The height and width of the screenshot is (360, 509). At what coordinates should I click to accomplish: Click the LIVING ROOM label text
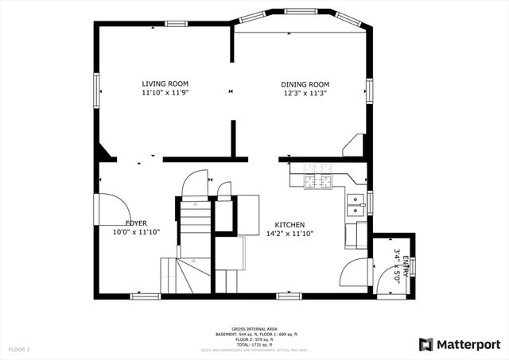pos(165,83)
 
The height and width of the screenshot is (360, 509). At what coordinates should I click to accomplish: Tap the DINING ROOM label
pos(305,84)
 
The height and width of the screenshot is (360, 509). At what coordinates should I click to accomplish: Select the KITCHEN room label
pos(290,225)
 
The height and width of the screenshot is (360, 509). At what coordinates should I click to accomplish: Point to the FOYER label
pos(137,223)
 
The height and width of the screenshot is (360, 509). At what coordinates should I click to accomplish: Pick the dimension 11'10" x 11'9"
pos(165,93)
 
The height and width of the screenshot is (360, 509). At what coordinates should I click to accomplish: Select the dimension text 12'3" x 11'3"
pos(305,94)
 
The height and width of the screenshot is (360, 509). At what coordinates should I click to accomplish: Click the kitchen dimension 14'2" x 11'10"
pos(290,234)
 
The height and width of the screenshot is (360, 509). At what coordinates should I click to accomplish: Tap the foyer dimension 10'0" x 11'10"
pos(137,233)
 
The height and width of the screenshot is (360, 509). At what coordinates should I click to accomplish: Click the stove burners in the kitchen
pos(319,176)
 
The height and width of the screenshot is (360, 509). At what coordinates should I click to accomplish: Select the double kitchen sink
pos(355,205)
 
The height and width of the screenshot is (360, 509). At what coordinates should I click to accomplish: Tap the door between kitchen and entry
pos(356,275)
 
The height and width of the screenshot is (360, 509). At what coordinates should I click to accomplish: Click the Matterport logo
pos(460,344)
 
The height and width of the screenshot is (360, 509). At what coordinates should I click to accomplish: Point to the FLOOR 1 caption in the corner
pos(19,349)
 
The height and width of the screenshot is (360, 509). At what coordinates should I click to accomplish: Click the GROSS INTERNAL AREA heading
pos(254,327)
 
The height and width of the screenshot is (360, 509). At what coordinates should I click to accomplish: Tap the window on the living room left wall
pos(97,89)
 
